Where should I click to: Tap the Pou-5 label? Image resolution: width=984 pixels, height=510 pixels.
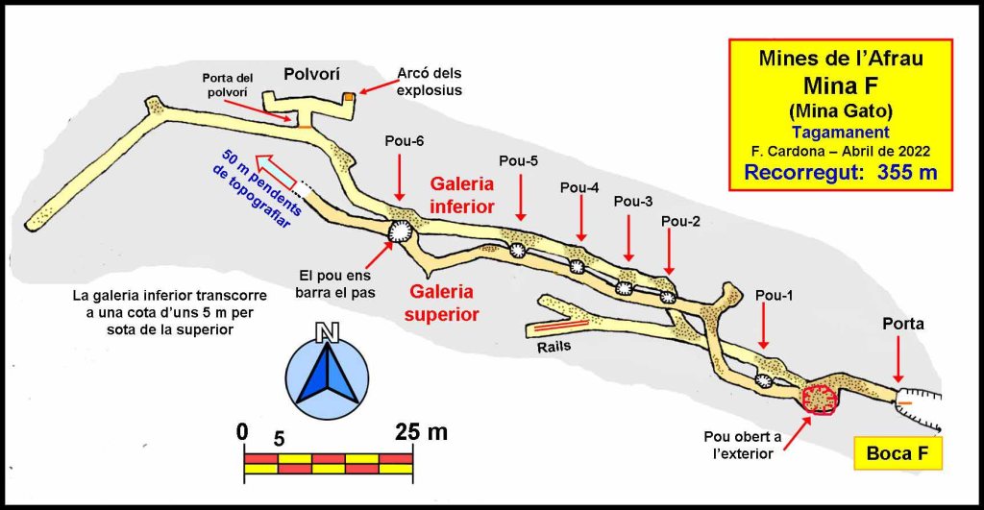point(519,159)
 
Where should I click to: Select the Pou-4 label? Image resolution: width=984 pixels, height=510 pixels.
point(579,187)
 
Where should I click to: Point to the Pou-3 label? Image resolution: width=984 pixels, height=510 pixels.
point(632,202)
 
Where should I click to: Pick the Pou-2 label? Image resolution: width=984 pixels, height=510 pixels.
point(680,222)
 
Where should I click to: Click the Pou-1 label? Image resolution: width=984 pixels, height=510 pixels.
point(775,295)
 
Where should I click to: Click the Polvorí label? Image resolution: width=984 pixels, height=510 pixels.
point(310,74)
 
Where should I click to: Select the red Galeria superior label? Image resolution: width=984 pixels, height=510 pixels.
point(445,301)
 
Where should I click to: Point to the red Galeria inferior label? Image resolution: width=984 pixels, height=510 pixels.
point(462,194)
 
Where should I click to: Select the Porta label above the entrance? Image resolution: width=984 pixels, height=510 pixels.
point(903,325)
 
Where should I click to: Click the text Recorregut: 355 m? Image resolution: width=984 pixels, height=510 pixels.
point(841,173)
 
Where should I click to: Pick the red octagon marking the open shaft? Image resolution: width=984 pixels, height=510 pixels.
point(819,399)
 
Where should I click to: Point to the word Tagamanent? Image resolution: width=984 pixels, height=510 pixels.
point(840,133)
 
